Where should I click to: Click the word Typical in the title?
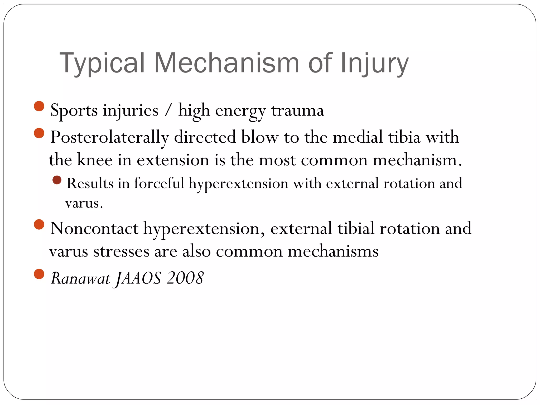(102, 63)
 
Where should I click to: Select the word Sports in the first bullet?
(74, 110)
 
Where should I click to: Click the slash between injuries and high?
(168, 110)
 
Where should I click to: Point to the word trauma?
(297, 110)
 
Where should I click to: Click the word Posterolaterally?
(109, 137)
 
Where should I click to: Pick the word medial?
(358, 137)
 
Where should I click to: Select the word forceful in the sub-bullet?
(159, 183)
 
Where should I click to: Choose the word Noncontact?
(94, 228)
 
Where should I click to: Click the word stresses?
(121, 251)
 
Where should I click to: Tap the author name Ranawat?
(80, 278)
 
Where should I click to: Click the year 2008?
(185, 278)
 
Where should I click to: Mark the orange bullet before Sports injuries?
(39, 106)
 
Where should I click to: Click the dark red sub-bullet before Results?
(57, 180)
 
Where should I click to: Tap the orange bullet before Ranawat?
(39, 274)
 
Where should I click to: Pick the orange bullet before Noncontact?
(39, 224)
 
